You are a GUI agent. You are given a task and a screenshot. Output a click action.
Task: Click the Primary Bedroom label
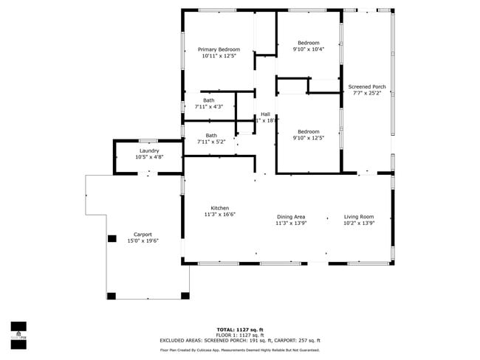click(219, 49)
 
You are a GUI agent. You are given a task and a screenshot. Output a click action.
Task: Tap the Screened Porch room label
click(367, 87)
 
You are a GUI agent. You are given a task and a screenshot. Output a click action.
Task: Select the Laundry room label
click(148, 150)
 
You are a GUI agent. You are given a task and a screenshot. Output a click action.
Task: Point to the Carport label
click(143, 235)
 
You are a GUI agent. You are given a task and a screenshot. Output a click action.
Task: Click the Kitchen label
click(219, 208)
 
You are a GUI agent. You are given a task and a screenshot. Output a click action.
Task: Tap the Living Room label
click(359, 216)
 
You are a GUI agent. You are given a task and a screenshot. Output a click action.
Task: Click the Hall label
click(265, 114)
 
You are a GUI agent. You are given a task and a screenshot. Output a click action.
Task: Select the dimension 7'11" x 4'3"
click(209, 107)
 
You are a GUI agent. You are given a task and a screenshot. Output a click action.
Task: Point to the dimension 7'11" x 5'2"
click(211, 142)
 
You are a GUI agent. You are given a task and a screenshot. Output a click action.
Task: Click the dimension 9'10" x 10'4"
click(308, 49)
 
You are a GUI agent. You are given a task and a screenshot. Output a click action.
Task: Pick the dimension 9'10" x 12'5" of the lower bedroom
click(309, 137)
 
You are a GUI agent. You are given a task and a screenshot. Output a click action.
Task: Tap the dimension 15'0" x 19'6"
click(143, 241)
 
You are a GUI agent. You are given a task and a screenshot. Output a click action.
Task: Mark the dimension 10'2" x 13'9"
click(359, 223)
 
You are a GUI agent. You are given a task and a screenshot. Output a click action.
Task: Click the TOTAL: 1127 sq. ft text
click(240, 329)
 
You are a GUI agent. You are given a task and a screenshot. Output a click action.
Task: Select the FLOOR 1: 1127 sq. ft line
click(240, 334)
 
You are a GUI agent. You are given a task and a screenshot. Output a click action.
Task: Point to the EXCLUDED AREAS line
click(240, 340)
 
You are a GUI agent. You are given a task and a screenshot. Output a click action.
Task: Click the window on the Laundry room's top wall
click(148, 140)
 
